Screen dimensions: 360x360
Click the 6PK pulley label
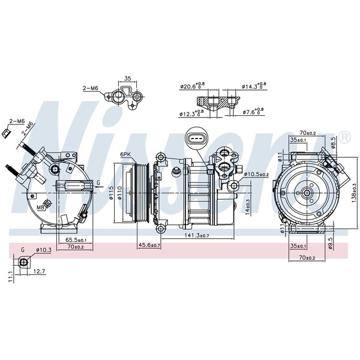[125, 155]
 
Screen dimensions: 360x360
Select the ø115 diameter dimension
[112, 193]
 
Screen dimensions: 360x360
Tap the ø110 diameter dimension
[119, 194]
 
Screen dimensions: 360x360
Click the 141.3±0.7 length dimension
[197, 235]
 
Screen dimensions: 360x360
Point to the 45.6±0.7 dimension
[149, 245]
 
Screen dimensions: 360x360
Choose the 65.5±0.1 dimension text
[76, 240]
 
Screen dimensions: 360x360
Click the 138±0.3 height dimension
[354, 193]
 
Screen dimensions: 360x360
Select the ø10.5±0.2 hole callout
[256, 174]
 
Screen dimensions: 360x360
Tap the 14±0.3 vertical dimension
[248, 206]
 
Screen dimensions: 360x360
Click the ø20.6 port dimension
[193, 86]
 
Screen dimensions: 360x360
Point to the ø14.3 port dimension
[254, 86]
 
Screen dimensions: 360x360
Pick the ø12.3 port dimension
[191, 113]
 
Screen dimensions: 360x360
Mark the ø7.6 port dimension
[253, 112]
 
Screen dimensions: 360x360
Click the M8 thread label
[40, 208]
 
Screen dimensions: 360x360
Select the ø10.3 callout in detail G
[44, 250]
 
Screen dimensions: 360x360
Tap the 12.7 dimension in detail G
[40, 271]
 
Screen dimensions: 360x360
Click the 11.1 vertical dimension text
[11, 277]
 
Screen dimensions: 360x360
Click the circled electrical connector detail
[195, 138]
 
